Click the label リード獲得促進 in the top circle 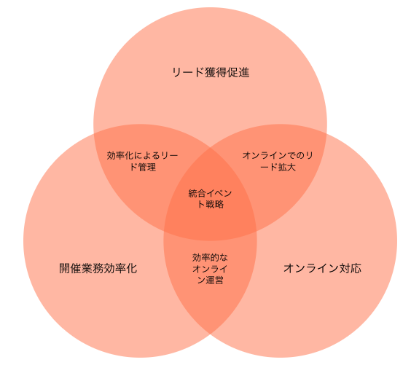pyautogui.click(x=211, y=73)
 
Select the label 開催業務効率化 pyautogui.click(x=98, y=268)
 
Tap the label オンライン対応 pyautogui.click(x=322, y=268)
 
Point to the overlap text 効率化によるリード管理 pyautogui.click(x=143, y=161)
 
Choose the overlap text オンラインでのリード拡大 pyautogui.click(x=278, y=161)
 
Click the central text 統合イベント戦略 pyautogui.click(x=210, y=199)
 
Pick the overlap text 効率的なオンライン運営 pyautogui.click(x=210, y=269)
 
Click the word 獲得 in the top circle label pyautogui.click(x=216, y=73)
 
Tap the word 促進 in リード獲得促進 pyautogui.click(x=238, y=73)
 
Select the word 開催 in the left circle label pyautogui.click(x=70, y=268)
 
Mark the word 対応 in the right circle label pyautogui.click(x=351, y=268)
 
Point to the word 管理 pyautogui.click(x=147, y=167)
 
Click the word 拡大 pyautogui.click(x=287, y=167)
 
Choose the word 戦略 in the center pyautogui.click(x=215, y=204)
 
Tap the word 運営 pyautogui.click(x=214, y=280)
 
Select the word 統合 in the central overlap pyautogui.click(x=197, y=193)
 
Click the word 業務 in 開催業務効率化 pyautogui.click(x=93, y=268)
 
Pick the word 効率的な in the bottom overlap pyautogui.click(x=210, y=258)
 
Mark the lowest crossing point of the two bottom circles pyautogui.click(x=210, y=334)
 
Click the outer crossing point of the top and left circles pyautogui.click(x=94, y=133)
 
